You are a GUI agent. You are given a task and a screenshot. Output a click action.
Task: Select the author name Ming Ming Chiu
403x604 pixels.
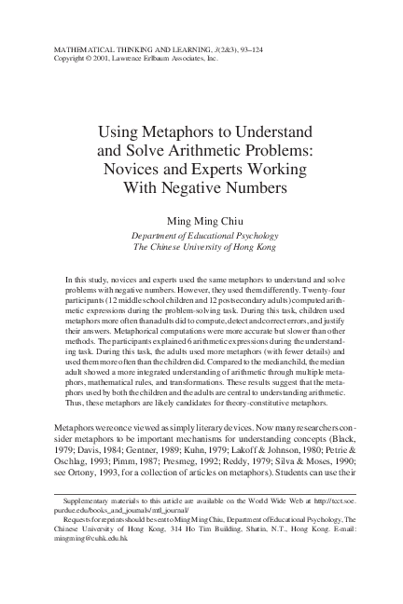click(201, 220)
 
